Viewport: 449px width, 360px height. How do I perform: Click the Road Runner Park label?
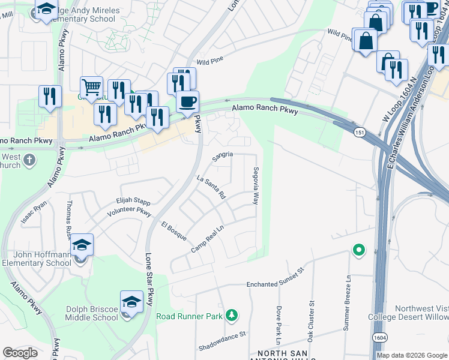(x=190, y=316)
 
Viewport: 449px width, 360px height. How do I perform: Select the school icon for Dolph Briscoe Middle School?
(x=132, y=302)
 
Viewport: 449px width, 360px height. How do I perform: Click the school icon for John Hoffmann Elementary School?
(x=82, y=245)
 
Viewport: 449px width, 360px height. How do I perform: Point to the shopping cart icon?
(x=91, y=88)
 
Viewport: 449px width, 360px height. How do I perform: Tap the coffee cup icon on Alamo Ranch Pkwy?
(x=188, y=101)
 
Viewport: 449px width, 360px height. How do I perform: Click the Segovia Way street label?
(x=256, y=186)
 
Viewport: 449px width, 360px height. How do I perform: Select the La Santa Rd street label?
(x=211, y=187)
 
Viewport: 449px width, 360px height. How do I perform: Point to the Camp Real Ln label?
(x=207, y=238)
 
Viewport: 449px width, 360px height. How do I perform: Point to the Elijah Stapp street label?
(x=133, y=203)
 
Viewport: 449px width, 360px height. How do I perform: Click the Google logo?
(x=20, y=353)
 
